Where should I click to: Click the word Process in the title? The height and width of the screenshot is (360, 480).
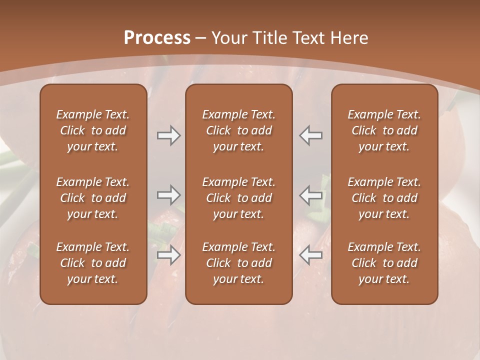[x=157, y=38]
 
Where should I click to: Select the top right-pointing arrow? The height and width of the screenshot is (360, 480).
[x=168, y=135]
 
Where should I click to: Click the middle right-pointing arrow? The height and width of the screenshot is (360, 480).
[x=168, y=195]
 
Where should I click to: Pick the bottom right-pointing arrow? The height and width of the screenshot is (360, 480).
[x=168, y=255]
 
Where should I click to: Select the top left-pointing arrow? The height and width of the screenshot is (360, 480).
[x=311, y=135]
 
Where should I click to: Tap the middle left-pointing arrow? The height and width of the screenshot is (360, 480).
[x=311, y=195]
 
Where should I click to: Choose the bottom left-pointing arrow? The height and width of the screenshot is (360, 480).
[x=311, y=255]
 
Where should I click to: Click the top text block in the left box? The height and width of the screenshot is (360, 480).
[x=93, y=130]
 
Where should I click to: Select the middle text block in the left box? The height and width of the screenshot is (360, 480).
[x=93, y=198]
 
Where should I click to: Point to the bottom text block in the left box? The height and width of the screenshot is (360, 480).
[x=93, y=263]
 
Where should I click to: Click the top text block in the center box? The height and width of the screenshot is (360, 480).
[x=239, y=130]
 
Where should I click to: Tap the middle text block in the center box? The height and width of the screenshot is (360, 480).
[x=239, y=198]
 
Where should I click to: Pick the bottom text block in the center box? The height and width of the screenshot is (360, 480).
[x=239, y=263]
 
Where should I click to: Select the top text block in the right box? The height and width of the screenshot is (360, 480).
[x=384, y=130]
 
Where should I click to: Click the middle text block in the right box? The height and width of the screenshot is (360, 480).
[x=384, y=198]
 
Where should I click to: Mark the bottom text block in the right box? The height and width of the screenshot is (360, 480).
[x=384, y=263]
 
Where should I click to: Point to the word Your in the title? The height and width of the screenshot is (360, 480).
[x=228, y=38]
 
